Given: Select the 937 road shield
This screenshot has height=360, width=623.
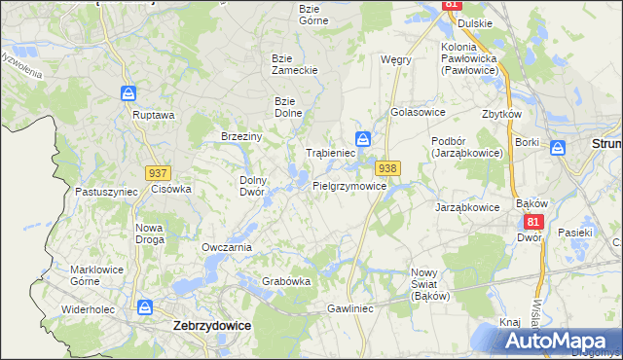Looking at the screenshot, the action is [x=159, y=172].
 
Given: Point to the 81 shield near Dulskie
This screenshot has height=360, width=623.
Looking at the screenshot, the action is [x=450, y=5].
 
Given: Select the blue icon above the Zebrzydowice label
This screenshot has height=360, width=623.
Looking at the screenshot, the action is [x=145, y=307].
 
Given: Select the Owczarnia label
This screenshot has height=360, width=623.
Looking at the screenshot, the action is [x=227, y=247].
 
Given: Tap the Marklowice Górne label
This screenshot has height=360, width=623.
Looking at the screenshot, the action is [x=95, y=275].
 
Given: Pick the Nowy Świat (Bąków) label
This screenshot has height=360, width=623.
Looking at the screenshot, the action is [x=429, y=283].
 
